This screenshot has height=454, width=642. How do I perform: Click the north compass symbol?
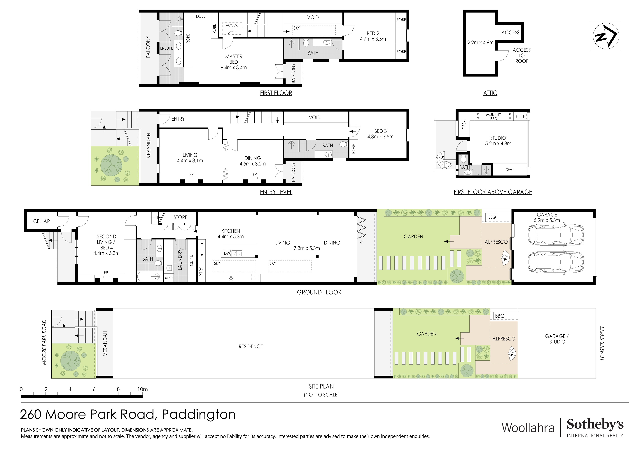pos(606,36)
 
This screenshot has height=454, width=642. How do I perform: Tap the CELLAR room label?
pos(41,221)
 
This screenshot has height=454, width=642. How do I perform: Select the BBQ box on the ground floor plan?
pos(492,217)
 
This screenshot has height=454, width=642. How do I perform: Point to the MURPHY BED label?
pos(494,116)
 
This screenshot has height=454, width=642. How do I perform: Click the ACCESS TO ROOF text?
pos(522,55)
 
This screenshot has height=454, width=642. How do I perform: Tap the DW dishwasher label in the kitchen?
pos(227,253)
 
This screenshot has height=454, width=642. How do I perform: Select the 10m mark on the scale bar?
pos(142,389)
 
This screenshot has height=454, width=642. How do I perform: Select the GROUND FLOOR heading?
pos(319,292)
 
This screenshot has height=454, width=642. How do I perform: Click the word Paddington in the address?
pos(199,414)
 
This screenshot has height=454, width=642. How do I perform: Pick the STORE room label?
pos(180,217)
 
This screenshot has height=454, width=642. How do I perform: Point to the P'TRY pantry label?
pos(201,272)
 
